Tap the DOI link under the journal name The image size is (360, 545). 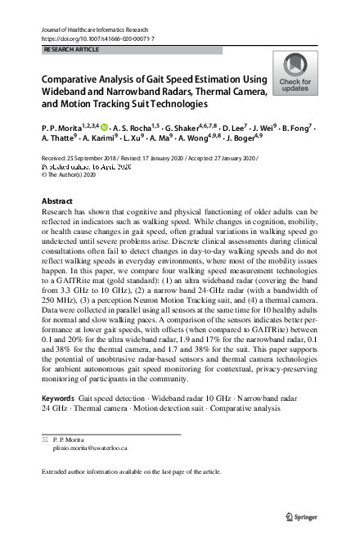tap(97, 38)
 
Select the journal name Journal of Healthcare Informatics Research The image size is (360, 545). tap(99, 29)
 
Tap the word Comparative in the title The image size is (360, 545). tap(72, 79)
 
